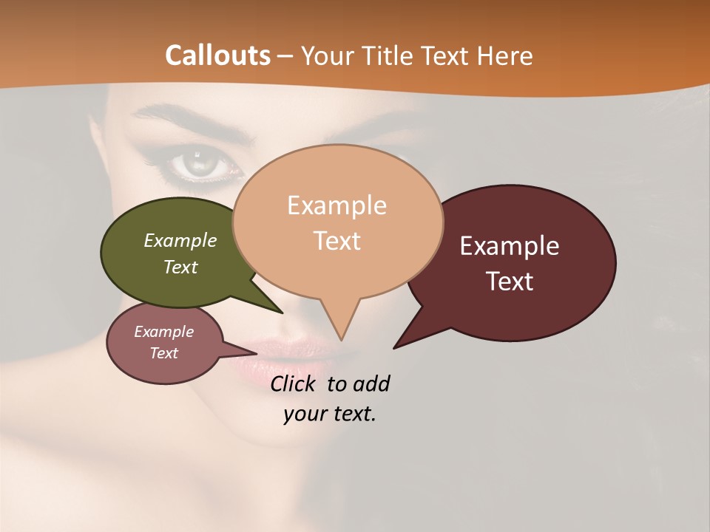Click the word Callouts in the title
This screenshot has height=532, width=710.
[217, 55]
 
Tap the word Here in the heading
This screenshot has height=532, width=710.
[504, 56]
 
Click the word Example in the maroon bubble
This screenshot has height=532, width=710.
[510, 246]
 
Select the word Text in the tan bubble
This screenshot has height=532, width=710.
[337, 241]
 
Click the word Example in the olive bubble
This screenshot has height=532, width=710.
[180, 241]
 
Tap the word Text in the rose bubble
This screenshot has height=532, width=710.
[164, 353]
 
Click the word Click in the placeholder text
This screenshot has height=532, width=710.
[295, 383]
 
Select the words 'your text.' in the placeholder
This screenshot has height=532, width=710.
[330, 414]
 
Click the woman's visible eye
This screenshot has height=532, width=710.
[197, 164]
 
